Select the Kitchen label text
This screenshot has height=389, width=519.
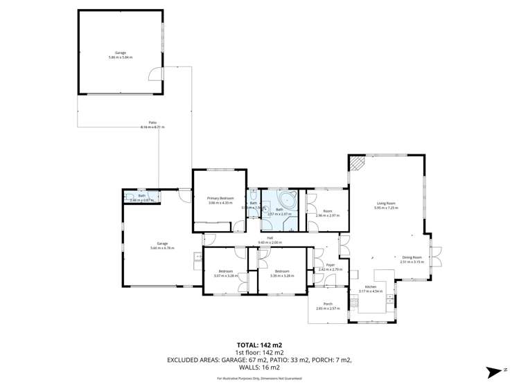pyautogui.click(x=371, y=287)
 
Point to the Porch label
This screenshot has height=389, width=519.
pyautogui.click(x=328, y=305)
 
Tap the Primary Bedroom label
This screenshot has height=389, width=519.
pyautogui.click(x=220, y=199)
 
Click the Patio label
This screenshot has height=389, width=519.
pyautogui.click(x=152, y=123)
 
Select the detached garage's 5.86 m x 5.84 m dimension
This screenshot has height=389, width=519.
pyautogui.click(x=120, y=57)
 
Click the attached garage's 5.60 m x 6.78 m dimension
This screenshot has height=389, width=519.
pyautogui.click(x=162, y=248)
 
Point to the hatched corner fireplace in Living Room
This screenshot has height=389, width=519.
pyautogui.click(x=356, y=163)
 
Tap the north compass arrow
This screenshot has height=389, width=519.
pyautogui.click(x=495, y=372)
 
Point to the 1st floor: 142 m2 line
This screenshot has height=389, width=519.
pyautogui.click(x=259, y=352)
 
